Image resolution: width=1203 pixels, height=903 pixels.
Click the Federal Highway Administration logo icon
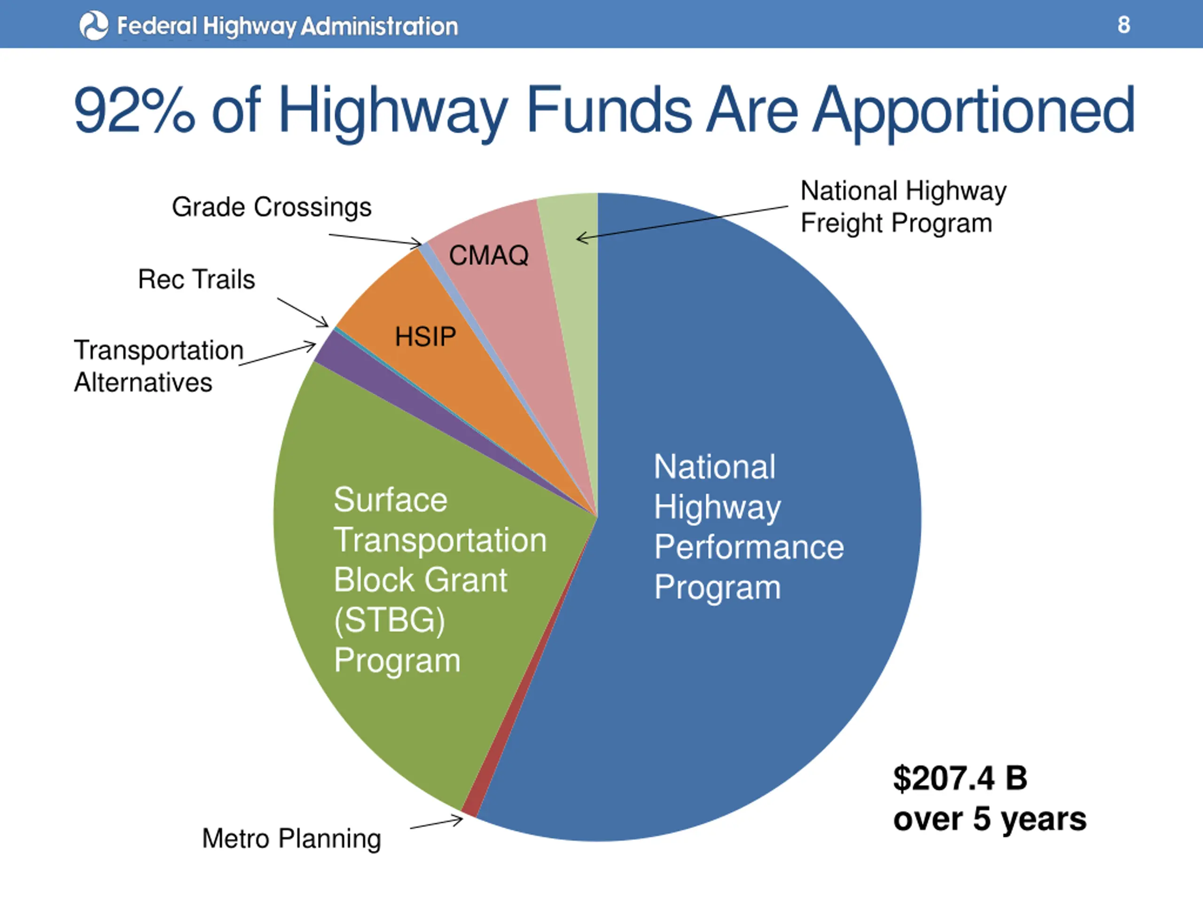point(94,25)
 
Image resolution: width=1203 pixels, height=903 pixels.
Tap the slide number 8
point(1124,25)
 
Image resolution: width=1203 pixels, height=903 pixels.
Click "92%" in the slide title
point(134,111)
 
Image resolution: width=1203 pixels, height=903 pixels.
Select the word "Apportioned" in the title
point(974,111)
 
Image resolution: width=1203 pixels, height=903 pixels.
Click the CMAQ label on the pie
point(488,255)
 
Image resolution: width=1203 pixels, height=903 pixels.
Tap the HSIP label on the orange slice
point(425,336)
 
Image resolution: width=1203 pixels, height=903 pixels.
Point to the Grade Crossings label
point(272,207)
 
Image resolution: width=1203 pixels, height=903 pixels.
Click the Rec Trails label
point(196,280)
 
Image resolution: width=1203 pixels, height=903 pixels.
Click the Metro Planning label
point(291,839)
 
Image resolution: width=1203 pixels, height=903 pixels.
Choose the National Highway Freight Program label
point(903,207)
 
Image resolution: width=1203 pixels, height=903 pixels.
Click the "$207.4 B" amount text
point(960,778)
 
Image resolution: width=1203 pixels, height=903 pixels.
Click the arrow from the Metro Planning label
point(436,824)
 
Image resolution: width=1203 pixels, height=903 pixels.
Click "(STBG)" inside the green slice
point(390,620)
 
